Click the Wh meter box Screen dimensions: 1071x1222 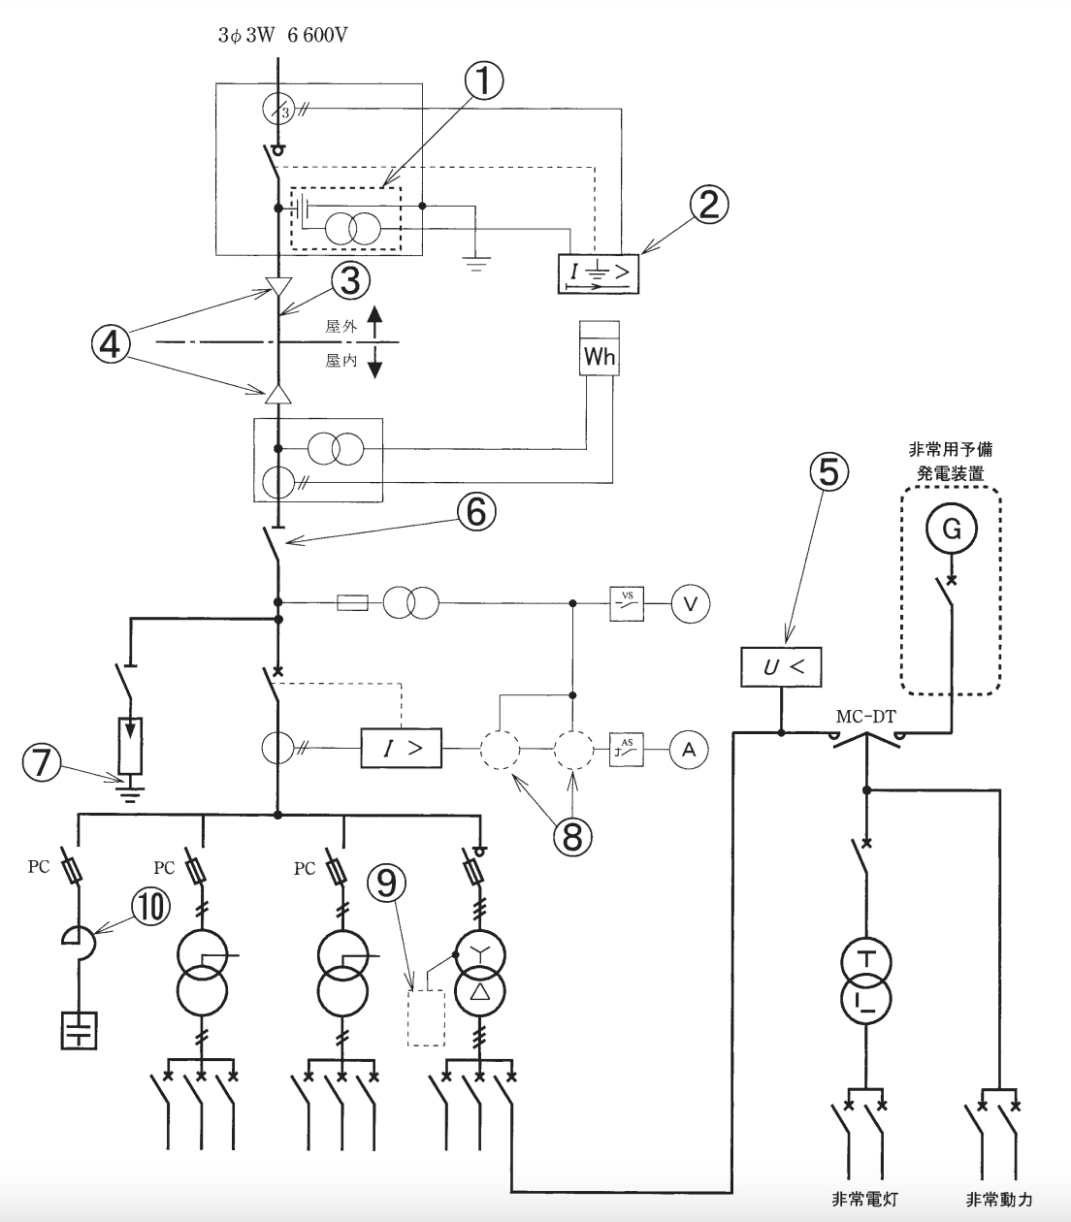pos(600,348)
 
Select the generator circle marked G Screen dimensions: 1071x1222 pos(952,529)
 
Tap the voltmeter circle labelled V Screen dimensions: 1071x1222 pos(691,603)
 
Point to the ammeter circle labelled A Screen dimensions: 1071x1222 pos(689,750)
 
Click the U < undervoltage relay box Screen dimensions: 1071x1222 pos(781,666)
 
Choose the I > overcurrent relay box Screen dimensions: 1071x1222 pos(402,748)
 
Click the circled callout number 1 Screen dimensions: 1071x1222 pos(483,80)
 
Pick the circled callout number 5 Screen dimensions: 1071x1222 pos(828,471)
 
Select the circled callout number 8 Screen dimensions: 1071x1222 pos(572,836)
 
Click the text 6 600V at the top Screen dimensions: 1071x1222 pos(317,36)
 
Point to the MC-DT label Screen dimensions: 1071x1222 pos(866,717)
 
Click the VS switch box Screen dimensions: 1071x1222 pos(627,603)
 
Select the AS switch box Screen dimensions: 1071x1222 pos(627,750)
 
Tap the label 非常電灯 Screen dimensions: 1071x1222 pos(865,1199)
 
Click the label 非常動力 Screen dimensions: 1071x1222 pos(999,1199)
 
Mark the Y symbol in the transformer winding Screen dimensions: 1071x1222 pos(479,953)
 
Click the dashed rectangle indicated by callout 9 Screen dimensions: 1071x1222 pos(427,1017)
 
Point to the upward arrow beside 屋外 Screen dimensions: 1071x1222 pos(374,321)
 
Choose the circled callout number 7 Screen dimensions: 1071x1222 pos(42,761)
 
